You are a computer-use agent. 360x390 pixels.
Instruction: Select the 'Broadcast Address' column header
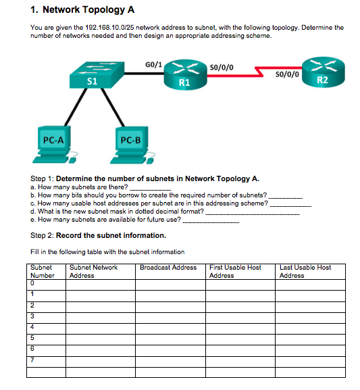coord(168,268)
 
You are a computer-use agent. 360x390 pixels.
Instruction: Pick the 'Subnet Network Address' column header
coord(93,271)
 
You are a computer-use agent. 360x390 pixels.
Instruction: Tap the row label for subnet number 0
coord(32,283)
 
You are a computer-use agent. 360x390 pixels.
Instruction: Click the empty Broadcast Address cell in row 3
coord(171,316)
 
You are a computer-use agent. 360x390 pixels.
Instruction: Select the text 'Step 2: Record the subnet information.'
coord(98,235)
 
